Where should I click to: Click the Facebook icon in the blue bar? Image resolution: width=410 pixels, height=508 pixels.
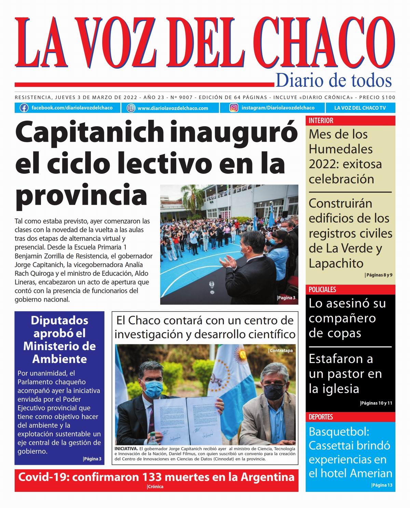(24, 108)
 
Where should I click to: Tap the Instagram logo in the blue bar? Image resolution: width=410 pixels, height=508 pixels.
(234, 108)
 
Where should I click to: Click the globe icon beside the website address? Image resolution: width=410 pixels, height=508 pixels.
(131, 108)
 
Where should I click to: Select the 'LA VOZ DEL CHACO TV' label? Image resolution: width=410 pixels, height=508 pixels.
(360, 108)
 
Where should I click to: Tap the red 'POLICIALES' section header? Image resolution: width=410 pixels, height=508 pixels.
(322, 289)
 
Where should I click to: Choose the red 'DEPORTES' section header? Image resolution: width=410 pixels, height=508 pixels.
(320, 417)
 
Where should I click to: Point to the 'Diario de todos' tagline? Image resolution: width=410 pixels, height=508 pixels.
(333, 81)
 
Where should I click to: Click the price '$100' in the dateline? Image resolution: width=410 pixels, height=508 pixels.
(388, 97)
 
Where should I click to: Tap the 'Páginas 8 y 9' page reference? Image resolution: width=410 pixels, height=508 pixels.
(379, 275)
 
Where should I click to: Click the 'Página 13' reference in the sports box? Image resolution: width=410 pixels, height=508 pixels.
(382, 485)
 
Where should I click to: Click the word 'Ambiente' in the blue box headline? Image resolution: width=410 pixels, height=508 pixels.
(59, 359)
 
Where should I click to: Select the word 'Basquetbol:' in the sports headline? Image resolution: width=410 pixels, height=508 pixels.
(339, 431)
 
